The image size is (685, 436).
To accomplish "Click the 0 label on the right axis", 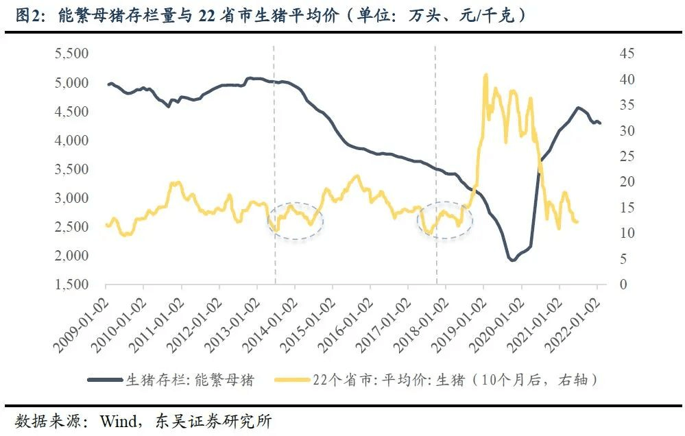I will point(623,284).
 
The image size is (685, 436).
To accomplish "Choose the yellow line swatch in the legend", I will point(292,379).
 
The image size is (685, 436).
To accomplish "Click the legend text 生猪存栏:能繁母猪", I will point(189,379).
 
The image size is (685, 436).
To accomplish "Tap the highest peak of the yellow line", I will point(486,75).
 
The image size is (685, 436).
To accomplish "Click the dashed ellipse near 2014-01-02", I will point(296,220).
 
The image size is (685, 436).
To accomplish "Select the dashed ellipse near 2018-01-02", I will point(446,220).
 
